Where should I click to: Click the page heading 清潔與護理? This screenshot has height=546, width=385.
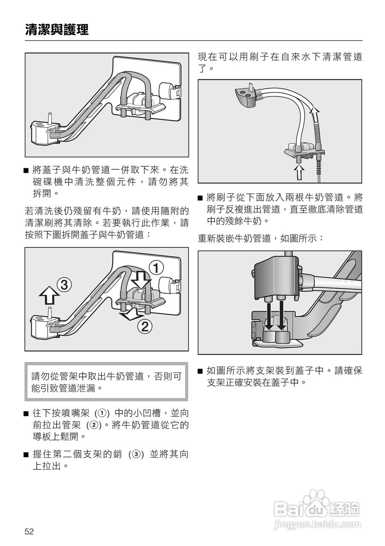pyautogui.click(x=57, y=30)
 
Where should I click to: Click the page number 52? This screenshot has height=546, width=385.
pyautogui.click(x=29, y=531)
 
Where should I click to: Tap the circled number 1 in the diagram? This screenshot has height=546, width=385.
pyautogui.click(x=156, y=268)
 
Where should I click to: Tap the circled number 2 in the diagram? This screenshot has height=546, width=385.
pyautogui.click(x=145, y=327)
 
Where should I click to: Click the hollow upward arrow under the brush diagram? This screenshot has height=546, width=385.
pyautogui.click(x=300, y=172)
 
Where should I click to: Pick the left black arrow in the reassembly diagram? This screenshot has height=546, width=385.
pyautogui.click(x=269, y=316)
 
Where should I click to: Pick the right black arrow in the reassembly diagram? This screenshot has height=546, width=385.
pyautogui.click(x=281, y=316)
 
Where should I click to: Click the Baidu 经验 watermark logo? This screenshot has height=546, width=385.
pyautogui.click(x=318, y=508)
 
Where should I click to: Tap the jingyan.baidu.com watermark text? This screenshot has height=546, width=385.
pyautogui.click(x=318, y=524)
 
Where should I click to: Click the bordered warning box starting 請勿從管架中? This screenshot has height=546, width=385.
pyautogui.click(x=106, y=382)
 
